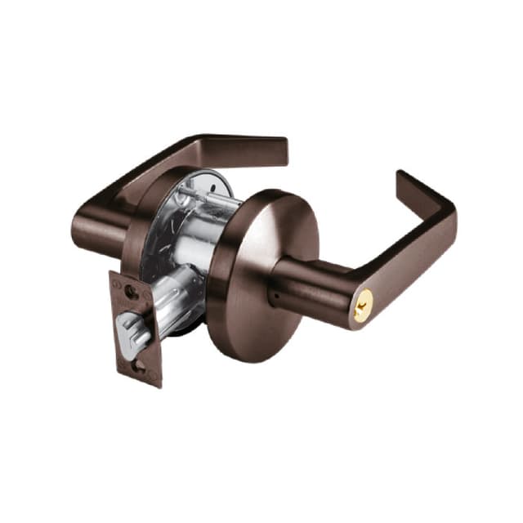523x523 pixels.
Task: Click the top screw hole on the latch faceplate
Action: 130,289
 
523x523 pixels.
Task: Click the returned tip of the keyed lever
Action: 405,185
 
